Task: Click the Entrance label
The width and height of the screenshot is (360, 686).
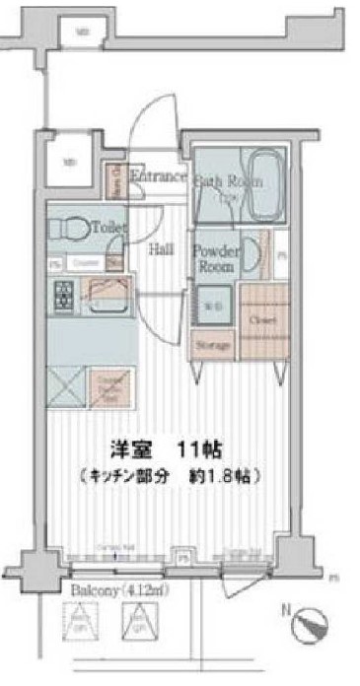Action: coord(158,177)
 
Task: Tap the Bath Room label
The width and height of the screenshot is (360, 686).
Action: coord(229,181)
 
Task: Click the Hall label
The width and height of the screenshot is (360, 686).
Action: coord(162,249)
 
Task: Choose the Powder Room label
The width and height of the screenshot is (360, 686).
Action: coord(213,259)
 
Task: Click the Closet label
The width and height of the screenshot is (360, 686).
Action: coord(262,321)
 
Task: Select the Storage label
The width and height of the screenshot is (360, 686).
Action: coord(212,346)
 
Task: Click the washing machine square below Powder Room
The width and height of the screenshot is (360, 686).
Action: coord(213,308)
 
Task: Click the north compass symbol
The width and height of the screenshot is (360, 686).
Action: coord(314,629)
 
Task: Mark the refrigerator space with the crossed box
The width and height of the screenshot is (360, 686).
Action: coord(67,384)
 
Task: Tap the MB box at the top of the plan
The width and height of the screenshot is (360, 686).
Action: coord(84,33)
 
